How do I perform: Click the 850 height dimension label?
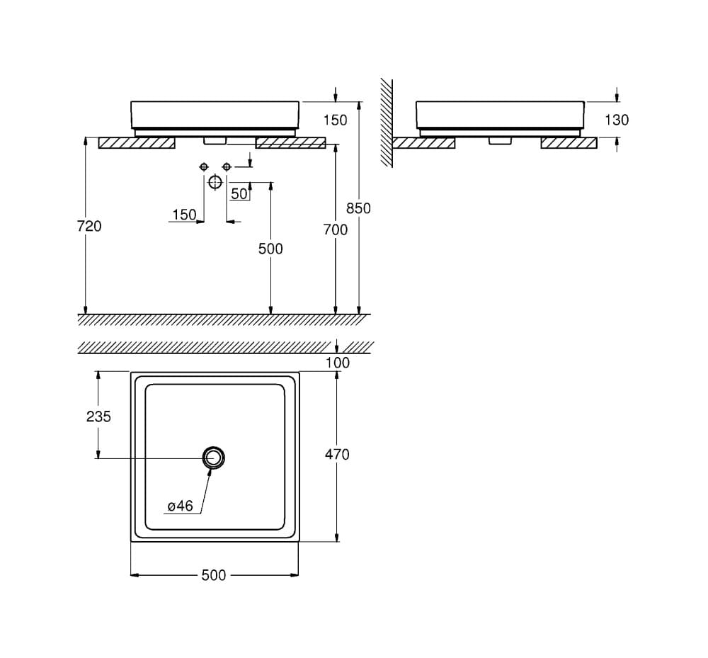coord(358,208)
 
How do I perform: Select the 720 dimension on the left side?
coord(89,226)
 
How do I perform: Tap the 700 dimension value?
coord(336,229)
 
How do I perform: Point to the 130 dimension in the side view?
coord(616,120)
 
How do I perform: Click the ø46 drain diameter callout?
coord(180,506)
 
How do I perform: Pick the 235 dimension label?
coord(98,416)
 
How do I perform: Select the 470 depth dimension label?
coord(337,454)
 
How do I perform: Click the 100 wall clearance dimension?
coord(337,363)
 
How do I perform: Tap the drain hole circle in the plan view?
coord(214,458)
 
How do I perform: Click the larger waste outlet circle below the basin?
coord(215,182)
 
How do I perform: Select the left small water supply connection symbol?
coord(204,166)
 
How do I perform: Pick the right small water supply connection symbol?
coord(227,166)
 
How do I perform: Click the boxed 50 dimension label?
coord(239,193)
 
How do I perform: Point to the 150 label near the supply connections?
coord(184,215)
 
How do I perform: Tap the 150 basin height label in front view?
coord(335,120)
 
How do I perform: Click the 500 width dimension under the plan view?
coord(214,575)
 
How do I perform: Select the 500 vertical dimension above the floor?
coord(270,249)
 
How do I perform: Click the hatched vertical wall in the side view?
coord(386,122)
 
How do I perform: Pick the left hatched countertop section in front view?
coord(137,143)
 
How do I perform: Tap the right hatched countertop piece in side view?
coord(569,143)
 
